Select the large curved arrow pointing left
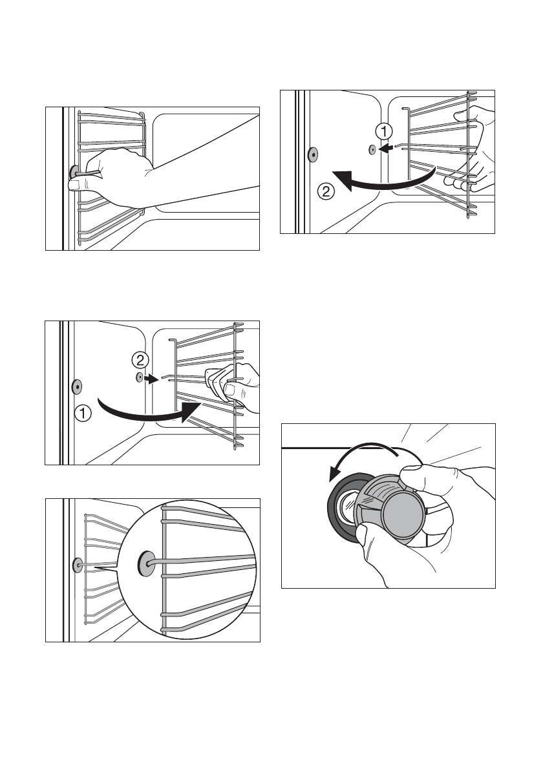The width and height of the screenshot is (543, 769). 381,182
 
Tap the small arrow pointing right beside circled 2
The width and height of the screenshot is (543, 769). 152,379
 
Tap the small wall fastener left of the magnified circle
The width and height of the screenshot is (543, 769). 78,565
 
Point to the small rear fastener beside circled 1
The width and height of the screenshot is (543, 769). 372,150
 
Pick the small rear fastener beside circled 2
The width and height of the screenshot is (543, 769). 139,377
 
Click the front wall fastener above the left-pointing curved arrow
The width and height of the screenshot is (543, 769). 312,154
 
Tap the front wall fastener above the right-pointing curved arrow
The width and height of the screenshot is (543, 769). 77,386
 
